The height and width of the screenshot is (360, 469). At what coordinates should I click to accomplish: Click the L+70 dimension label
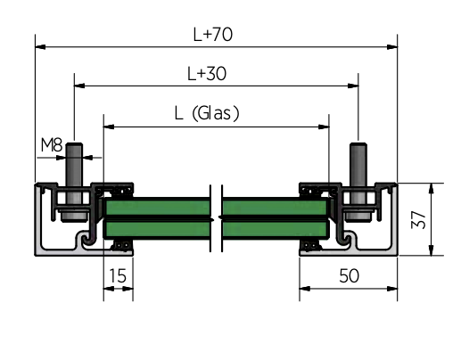pyautogui.click(x=213, y=35)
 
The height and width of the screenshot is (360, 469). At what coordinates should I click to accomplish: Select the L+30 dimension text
pyautogui.click(x=207, y=74)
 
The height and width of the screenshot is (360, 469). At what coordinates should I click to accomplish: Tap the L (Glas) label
pyautogui.click(x=207, y=113)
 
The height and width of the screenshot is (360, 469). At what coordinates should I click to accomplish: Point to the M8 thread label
pyautogui.click(x=52, y=145)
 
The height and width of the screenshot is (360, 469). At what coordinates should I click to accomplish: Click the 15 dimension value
pyautogui.click(x=118, y=275)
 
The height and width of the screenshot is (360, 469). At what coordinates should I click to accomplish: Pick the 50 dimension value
pyautogui.click(x=349, y=275)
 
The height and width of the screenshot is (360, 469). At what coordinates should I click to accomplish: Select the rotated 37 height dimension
pyautogui.click(x=418, y=220)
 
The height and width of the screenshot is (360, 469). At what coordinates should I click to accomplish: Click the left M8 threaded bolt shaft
pyautogui.click(x=74, y=173)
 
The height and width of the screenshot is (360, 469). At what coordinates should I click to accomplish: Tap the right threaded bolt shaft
pyautogui.click(x=358, y=173)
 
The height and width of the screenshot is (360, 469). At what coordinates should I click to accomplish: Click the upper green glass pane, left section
pyautogui.click(x=158, y=208)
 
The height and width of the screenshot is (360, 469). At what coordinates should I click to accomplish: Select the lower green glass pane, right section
pyautogui.click(x=275, y=229)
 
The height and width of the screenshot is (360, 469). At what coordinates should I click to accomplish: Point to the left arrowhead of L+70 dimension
pyautogui.click(x=40, y=47)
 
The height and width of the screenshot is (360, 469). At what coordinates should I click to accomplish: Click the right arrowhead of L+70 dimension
pyautogui.click(x=392, y=47)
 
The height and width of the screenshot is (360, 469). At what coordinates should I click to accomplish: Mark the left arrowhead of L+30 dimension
pyautogui.click(x=79, y=86)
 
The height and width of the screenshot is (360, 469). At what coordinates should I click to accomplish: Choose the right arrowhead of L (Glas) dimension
pyautogui.click(x=324, y=127)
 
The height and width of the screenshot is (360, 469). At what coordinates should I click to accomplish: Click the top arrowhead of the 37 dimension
pyautogui.click(x=431, y=188)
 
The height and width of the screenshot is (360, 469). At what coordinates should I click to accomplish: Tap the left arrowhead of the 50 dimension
pyautogui.click(x=305, y=289)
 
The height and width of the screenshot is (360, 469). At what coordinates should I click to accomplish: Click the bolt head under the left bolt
pyautogui.click(x=74, y=216)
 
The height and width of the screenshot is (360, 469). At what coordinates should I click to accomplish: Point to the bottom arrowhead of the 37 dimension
pyautogui.click(x=431, y=250)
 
